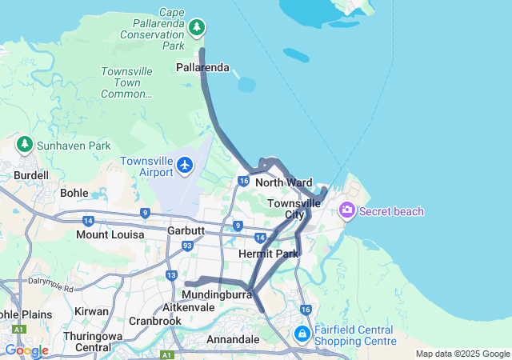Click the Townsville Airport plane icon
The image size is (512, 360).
tap(186, 165)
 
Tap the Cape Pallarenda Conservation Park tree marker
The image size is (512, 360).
tap(197, 28)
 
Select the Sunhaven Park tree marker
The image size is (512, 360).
tap(25, 145)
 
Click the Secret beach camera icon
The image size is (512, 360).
tap(347, 210)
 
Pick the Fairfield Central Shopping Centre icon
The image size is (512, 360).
tap(302, 334)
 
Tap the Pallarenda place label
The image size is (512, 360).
tap(202, 68)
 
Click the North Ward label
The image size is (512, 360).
tap(283, 183)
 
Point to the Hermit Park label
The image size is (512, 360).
tap(268, 254)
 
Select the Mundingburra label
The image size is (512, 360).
tap(211, 294)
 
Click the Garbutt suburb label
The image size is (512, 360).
tap(186, 230)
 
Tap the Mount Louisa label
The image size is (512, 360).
tap(110, 234)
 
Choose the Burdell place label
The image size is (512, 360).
tap(31, 175)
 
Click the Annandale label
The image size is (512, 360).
tap(233, 340)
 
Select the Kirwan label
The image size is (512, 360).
tap(90, 310)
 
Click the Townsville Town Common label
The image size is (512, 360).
tap(126, 82)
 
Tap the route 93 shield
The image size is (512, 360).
tap(186, 246)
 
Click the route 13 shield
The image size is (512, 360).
tap(172, 276)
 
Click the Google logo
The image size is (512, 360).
tap(26, 350)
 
